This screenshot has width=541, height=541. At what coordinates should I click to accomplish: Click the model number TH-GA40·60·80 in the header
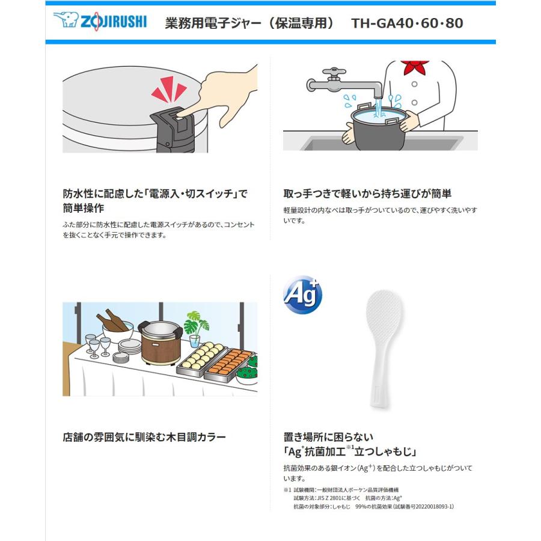click(407, 23)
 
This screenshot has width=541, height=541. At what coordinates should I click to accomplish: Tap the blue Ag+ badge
click(302, 295)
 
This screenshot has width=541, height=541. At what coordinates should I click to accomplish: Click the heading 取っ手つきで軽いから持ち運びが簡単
click(367, 194)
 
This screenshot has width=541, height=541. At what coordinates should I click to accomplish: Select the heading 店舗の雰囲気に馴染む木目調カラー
click(144, 437)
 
